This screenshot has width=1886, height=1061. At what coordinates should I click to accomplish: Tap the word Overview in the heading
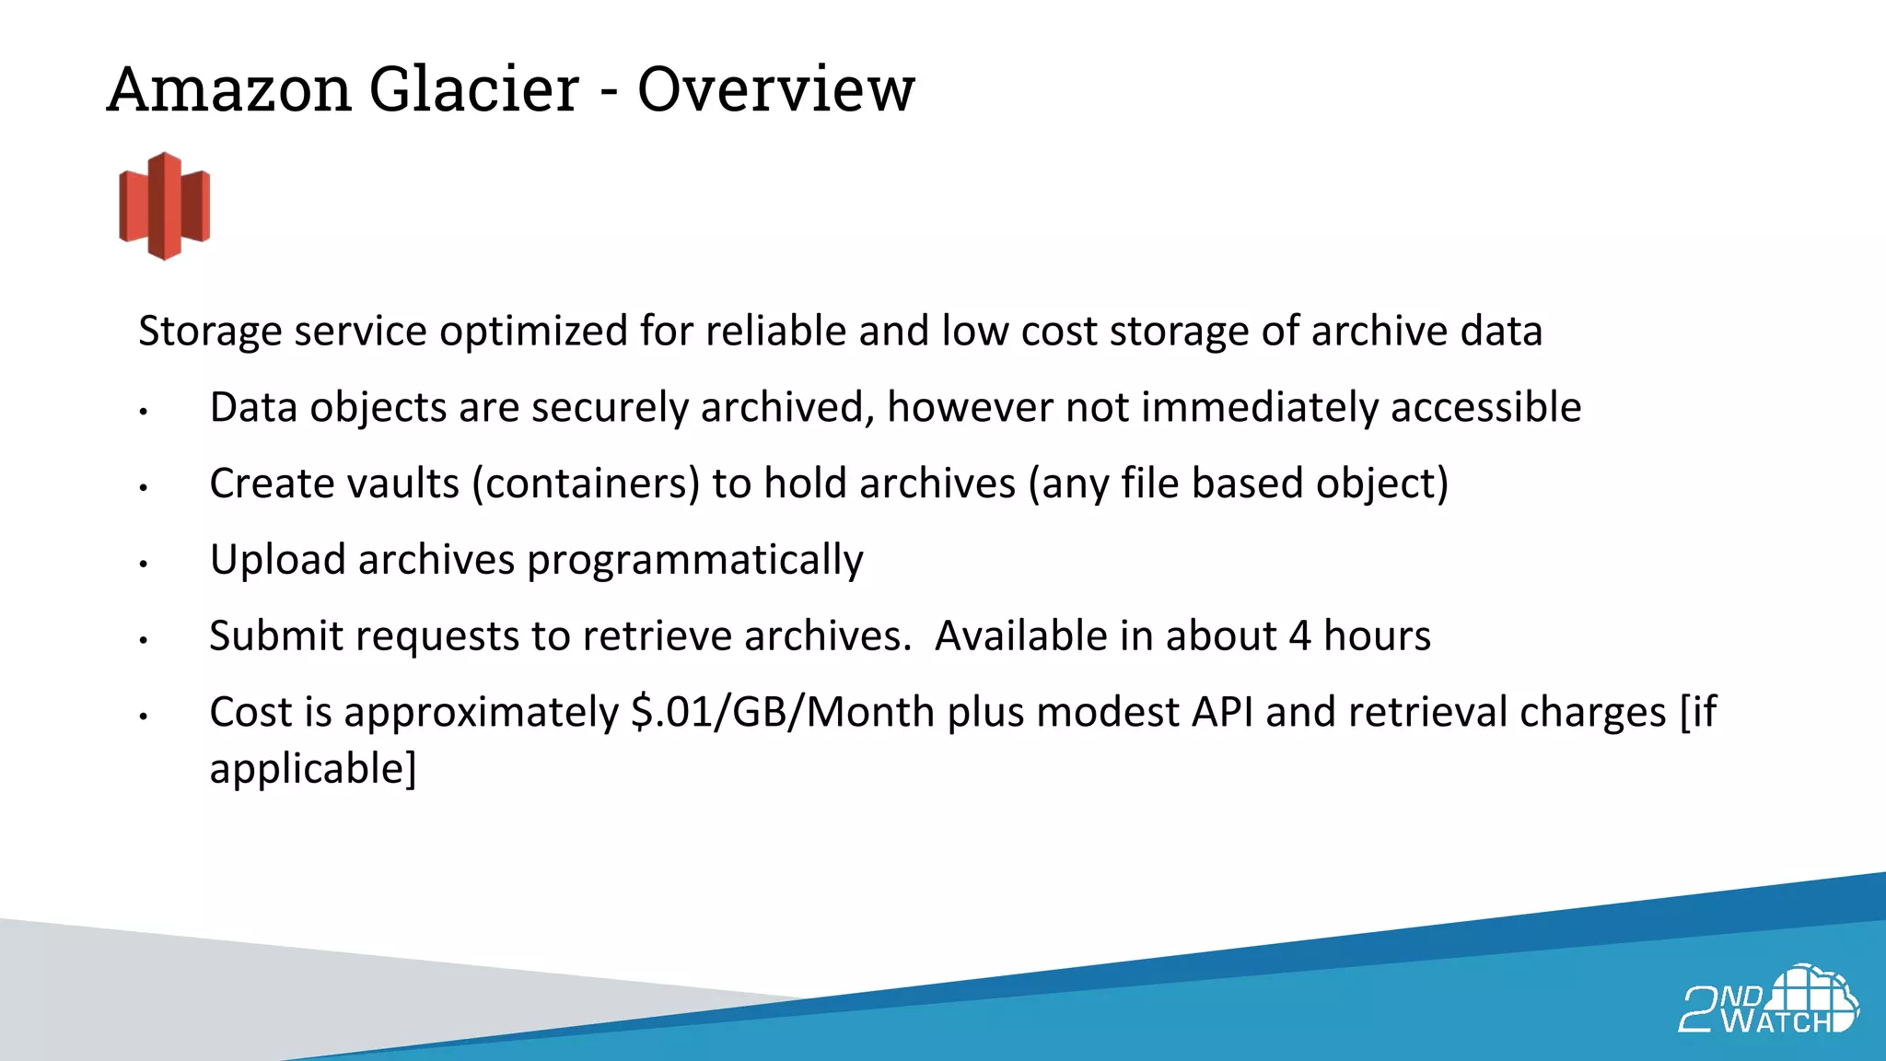(776, 90)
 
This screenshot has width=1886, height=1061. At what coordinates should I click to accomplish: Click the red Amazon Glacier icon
(165, 206)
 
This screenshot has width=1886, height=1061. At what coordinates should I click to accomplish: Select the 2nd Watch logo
(1767, 1000)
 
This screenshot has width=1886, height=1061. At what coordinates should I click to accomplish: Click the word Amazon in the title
(229, 90)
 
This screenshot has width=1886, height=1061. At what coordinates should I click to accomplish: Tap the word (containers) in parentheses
(586, 484)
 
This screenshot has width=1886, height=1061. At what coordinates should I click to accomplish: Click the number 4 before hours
(1299, 635)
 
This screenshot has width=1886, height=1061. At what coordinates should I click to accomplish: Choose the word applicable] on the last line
(313, 769)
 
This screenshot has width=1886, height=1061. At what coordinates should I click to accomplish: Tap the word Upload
(277, 560)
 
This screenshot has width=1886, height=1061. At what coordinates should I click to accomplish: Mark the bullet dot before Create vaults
(144, 487)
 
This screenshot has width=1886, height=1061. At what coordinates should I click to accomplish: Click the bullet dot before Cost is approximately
(144, 716)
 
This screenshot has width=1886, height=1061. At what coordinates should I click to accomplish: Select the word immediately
(1259, 408)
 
